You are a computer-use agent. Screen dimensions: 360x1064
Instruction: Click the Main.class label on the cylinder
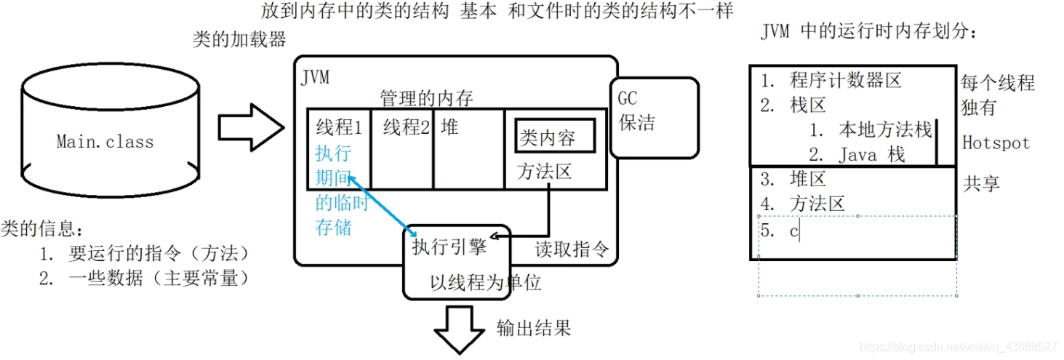tap(105, 141)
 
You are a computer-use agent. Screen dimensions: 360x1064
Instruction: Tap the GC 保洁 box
tap(653, 116)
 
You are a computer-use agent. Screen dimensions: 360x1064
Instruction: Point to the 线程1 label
tap(339, 128)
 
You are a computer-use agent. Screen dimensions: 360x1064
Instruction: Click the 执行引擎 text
tap(449, 247)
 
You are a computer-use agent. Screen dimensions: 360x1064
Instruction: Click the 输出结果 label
tap(533, 327)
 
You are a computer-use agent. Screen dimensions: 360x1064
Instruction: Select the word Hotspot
tap(996, 143)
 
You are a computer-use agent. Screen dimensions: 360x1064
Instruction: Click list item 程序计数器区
tap(845, 80)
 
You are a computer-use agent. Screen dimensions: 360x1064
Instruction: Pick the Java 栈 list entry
tap(871, 154)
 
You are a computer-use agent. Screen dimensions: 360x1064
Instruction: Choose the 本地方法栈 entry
tap(884, 129)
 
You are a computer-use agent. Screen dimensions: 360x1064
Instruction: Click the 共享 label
tap(981, 183)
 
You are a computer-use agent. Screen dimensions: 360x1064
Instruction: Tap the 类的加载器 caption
tap(239, 39)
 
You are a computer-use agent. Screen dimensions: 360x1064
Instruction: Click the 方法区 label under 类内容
tap(544, 172)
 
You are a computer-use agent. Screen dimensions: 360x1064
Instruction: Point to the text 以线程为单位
tap(486, 282)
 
